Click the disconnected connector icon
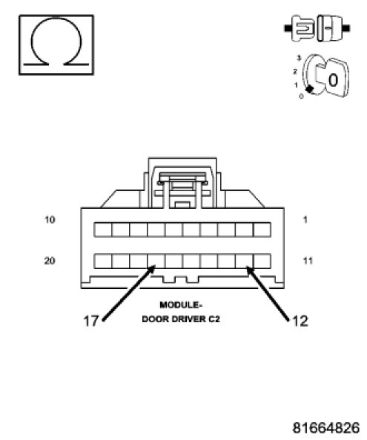point(317,28)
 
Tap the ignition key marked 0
point(333,78)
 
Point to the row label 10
point(50,219)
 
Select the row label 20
point(50,261)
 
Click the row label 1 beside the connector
point(305,219)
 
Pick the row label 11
point(308,261)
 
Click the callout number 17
point(91,321)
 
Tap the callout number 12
point(300,321)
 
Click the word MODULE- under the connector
point(181,305)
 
